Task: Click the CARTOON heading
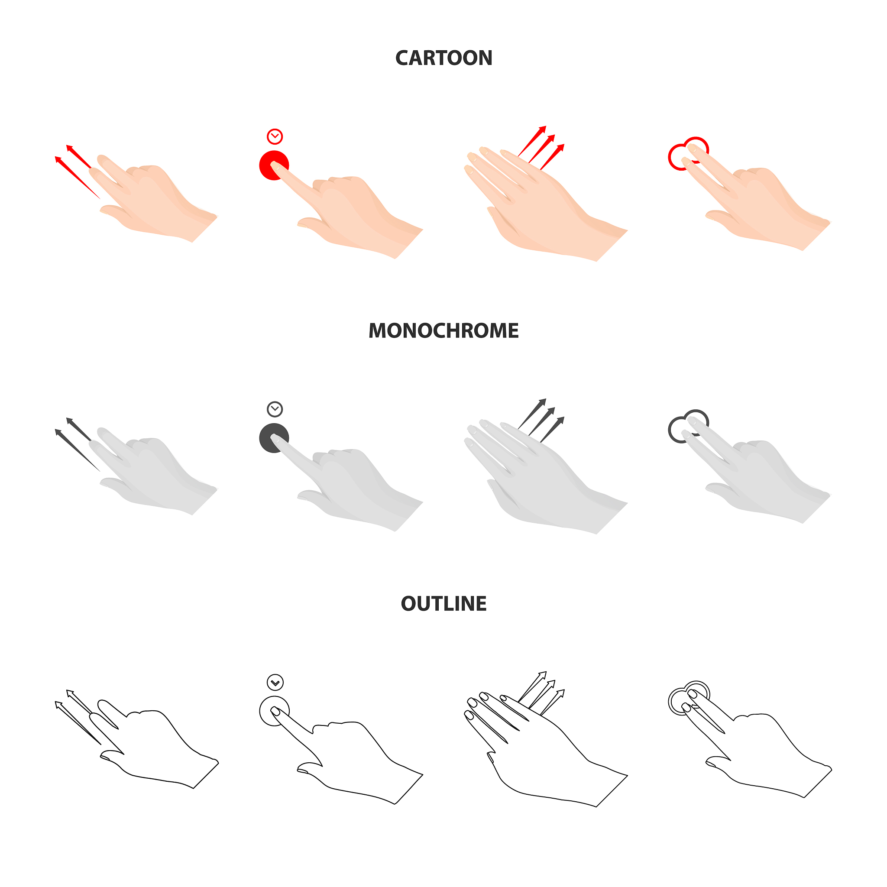coord(443,58)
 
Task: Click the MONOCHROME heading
coord(443,331)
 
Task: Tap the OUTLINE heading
coord(443,604)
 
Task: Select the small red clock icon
coord(275,136)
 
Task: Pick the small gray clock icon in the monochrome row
coord(275,409)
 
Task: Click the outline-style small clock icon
coord(275,682)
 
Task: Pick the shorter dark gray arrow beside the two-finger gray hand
coord(78,429)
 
